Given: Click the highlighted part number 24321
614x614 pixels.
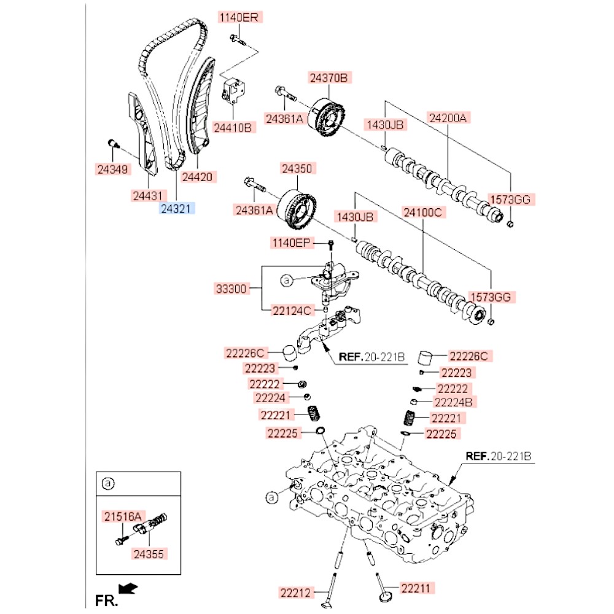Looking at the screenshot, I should coord(176,209).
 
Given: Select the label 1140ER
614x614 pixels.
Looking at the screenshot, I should coord(238,18).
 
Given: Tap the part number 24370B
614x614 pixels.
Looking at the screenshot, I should coord(328,78).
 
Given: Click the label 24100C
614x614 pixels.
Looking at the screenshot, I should coord(422,212).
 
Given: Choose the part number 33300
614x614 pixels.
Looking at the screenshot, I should coord(232,288).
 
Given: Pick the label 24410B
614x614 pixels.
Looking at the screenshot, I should coord(233,128).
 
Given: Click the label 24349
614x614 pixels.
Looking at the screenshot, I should coord(114,168).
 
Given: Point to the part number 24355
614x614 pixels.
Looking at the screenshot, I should coord(150,553).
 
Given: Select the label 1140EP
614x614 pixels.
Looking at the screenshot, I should coord(292,244).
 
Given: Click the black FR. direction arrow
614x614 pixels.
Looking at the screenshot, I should coord(128,589).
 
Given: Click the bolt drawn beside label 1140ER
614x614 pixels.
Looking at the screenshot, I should coord(238,41).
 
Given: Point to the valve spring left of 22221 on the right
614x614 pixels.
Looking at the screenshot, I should coord(408,418).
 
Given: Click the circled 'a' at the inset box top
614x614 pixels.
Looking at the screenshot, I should coord(107,484).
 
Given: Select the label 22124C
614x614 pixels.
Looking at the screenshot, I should coord(292,310).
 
